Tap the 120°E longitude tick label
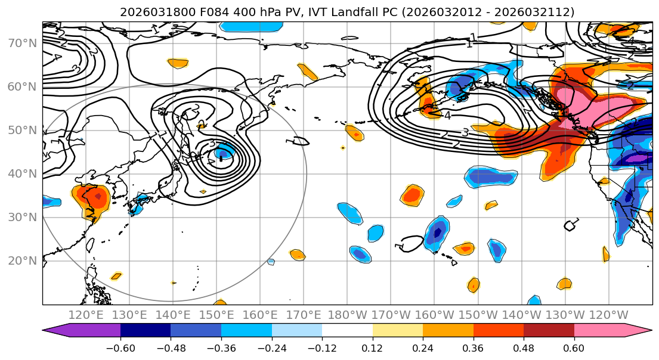tap(86, 315)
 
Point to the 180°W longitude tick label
tap(347, 315)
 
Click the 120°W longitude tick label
tap(608, 315)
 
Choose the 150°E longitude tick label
tap(216, 315)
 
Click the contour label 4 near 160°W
tap(447, 116)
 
